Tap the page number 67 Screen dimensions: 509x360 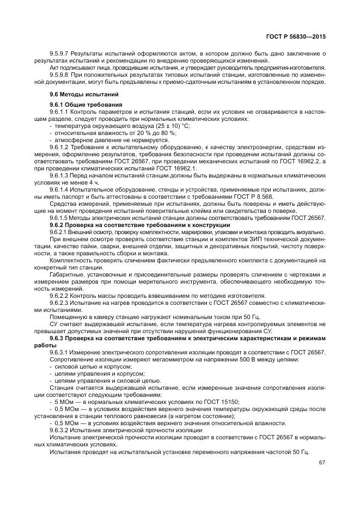pyautogui.click(x=322, y=463)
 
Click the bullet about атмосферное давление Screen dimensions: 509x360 pyautogui.click(x=102, y=140)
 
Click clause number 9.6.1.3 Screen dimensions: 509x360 pyautogui.click(x=60, y=175)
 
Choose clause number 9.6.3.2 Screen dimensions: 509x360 pyautogui.click(x=60, y=430)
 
